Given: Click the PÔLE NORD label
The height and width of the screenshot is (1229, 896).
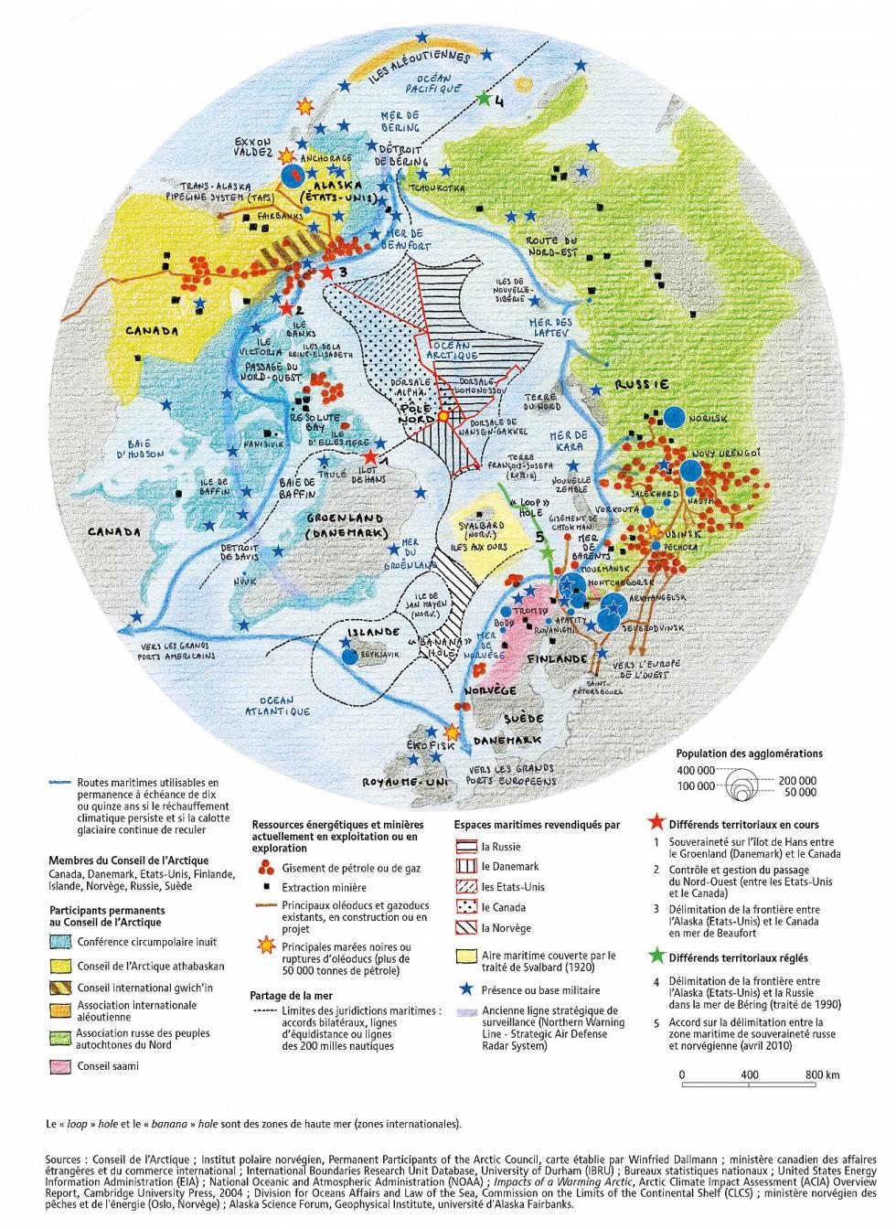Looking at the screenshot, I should pos(418,412).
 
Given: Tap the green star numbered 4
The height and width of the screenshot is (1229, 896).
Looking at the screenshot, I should pos(484,97).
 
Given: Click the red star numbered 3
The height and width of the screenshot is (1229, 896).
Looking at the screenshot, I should pos(326,272).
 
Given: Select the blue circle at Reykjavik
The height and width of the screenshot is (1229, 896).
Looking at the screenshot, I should pos(348,655).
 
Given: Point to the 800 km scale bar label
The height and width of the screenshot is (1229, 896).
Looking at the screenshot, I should pos(822,1074).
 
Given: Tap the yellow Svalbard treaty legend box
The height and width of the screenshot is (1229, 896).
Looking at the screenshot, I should pos(467,956).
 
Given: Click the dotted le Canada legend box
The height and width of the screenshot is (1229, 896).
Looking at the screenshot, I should pos(467,907).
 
